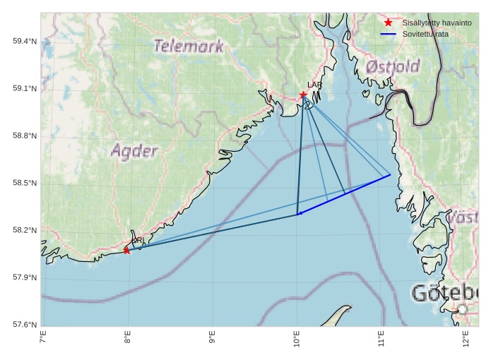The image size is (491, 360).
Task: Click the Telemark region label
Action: [188, 47]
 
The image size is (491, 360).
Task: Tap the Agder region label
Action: [134, 150]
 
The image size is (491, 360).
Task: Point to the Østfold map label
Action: [393, 67]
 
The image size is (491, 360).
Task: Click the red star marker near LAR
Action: [303, 95]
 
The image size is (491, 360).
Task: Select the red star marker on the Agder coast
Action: [126, 251]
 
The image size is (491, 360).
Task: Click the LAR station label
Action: [314, 85]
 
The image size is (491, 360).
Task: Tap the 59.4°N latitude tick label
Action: [25, 41]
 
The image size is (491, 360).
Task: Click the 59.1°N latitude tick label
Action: [25, 88]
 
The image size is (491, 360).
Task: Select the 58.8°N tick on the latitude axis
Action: [25, 136]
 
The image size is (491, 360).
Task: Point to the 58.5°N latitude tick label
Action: [25, 183]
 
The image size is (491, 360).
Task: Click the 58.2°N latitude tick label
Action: [25, 230]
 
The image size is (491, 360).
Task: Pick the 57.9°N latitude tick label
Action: [25, 277]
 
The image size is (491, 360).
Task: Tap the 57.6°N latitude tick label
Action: [25, 325]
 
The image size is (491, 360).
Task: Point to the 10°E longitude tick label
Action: [297, 340]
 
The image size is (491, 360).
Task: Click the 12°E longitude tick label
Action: [466, 340]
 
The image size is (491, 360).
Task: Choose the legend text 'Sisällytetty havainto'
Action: [437, 23]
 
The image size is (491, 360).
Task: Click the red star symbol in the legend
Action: [388, 23]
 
